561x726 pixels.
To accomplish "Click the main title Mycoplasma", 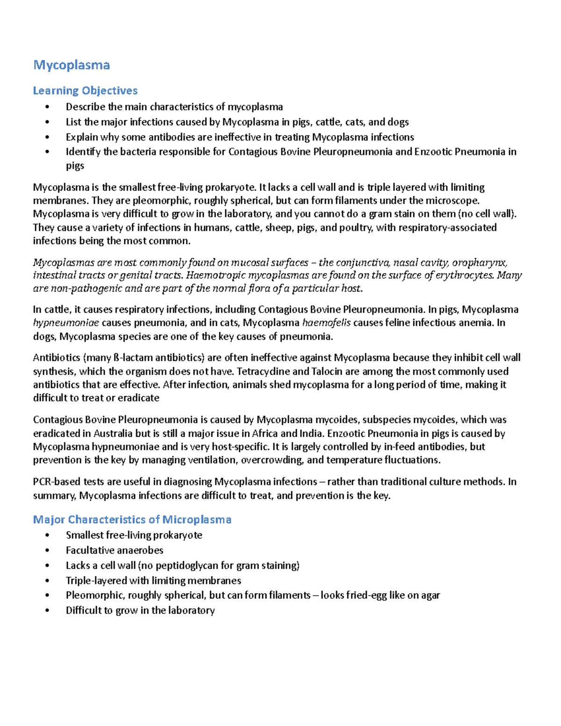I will point(72,65).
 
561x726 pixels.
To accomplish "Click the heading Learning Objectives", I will point(85,91).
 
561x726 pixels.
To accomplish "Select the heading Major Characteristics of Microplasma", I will point(132,520).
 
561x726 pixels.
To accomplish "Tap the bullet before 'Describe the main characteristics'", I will point(47,107).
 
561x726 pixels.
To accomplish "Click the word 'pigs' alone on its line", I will point(75,166).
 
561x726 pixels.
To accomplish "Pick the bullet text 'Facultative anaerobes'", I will point(115,550).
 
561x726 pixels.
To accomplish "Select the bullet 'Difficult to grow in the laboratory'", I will point(140,611).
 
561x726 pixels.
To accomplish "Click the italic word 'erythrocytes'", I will point(464,275).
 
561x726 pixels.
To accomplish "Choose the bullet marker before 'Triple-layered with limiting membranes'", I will point(47,581).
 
